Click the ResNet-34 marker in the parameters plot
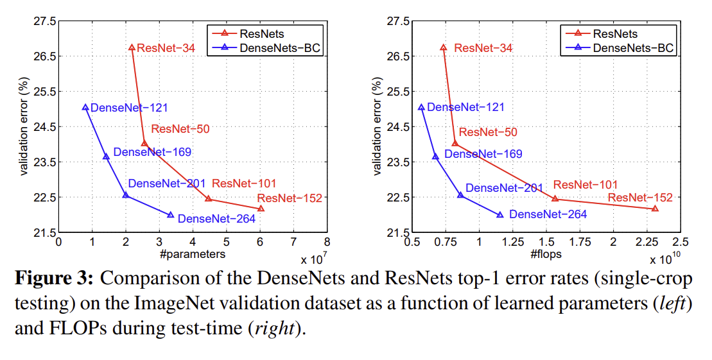132,47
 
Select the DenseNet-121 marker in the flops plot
421,107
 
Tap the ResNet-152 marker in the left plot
261,208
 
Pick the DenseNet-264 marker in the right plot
500,214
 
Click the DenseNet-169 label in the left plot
152,152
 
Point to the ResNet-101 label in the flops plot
586,185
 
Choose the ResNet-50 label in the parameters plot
180,128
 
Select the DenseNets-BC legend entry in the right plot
633,47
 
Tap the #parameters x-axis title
193,254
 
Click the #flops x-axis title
546,254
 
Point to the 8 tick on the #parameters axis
327,242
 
